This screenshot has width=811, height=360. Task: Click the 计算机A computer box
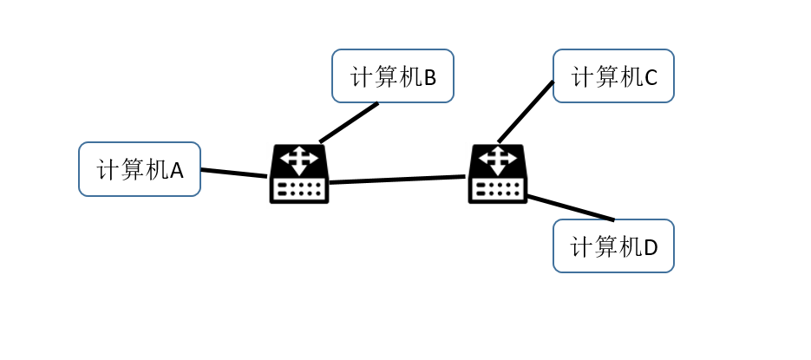tap(140, 169)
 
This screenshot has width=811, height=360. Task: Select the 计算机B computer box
tap(393, 76)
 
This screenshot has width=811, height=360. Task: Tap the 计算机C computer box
tap(613, 76)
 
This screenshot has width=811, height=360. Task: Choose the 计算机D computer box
tap(613, 246)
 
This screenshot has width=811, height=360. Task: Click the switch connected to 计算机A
tap(299, 173)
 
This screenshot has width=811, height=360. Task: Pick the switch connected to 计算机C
tap(498, 173)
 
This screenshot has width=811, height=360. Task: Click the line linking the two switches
tap(397, 180)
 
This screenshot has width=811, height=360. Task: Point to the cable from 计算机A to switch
tap(234, 173)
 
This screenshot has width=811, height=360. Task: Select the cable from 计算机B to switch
tap(350, 122)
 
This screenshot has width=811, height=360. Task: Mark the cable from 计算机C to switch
tap(526, 112)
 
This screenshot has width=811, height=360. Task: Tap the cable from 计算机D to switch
tap(570, 208)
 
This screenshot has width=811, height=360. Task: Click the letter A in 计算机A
tap(177, 171)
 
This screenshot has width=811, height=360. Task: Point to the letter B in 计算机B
tap(430, 78)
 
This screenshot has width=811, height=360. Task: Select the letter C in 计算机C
tap(651, 78)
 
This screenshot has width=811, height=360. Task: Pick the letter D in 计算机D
tap(651, 248)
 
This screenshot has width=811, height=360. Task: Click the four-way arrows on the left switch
tap(299, 160)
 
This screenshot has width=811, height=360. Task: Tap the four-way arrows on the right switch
tap(498, 160)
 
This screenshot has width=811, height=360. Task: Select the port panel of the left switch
tap(299, 188)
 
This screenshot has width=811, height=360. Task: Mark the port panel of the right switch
tap(498, 188)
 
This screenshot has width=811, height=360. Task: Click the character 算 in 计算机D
tap(605, 247)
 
